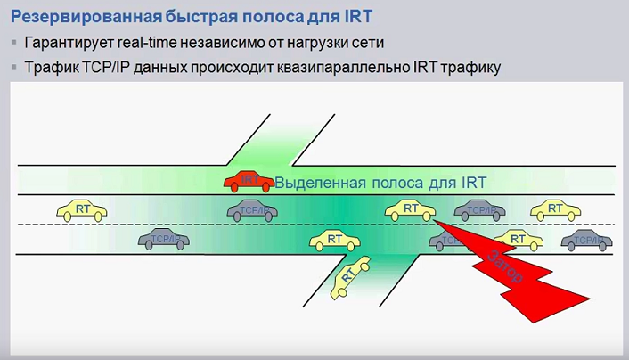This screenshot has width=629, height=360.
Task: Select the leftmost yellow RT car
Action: coord(82,210)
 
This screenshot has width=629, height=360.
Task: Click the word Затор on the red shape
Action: coord(505,267)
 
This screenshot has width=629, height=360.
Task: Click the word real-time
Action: coord(159,43)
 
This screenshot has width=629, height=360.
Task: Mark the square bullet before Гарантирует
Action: coord(14,43)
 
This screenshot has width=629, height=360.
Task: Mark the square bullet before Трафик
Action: coord(14,67)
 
